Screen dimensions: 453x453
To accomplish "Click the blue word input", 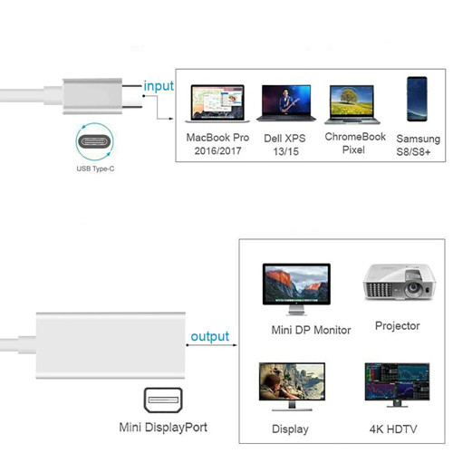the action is tap(159, 86).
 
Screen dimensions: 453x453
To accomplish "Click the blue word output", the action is tap(210, 337).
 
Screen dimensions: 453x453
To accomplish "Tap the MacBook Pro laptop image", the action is tap(217, 103).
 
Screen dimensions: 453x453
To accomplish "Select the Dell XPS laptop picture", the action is tap(286, 103).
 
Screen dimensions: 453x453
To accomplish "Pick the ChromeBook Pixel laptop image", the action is tap(352, 104).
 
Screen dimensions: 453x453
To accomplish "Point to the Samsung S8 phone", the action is tap(417, 99).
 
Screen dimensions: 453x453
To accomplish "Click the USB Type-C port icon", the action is tap(94, 141).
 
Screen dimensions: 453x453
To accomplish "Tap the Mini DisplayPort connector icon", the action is tap(163, 400).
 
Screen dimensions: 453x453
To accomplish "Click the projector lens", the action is tap(413, 288).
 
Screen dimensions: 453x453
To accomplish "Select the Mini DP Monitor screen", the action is tap(296, 284).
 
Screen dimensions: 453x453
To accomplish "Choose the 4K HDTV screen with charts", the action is tap(397, 381).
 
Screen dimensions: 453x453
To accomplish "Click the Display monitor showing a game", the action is tap(292, 381).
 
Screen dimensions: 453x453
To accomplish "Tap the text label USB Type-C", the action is tap(95, 169).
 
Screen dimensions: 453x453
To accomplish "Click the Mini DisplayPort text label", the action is tap(163, 428).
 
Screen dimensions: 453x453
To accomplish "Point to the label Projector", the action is tap(398, 326).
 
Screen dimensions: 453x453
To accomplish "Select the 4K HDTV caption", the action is tap(393, 429).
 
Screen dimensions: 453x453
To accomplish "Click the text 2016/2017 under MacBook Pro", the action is tap(217, 150).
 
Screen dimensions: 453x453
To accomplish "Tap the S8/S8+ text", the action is tap(413, 152).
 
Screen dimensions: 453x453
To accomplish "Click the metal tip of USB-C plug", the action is tap(132, 96).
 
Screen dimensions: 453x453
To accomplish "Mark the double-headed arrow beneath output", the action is tap(211, 345).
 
